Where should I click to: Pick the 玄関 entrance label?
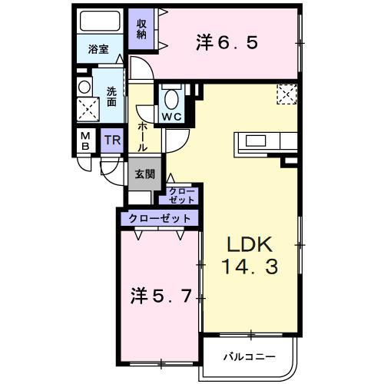click(x=144, y=174)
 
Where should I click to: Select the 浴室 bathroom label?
click(x=98, y=50)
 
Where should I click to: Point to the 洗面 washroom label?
click(x=111, y=95)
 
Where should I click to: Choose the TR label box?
click(x=112, y=141)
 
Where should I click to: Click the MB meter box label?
click(x=84, y=142)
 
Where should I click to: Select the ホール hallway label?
click(x=143, y=136)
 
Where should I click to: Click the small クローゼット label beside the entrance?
click(x=181, y=194)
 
